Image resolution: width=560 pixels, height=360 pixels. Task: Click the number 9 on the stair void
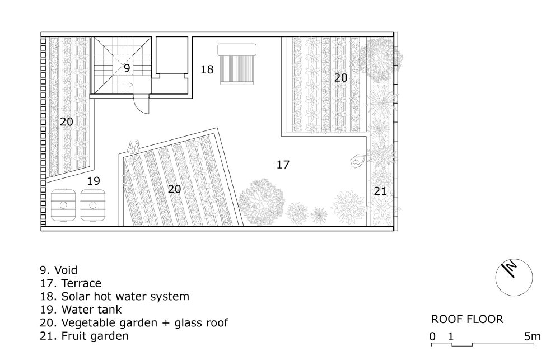click(127, 68)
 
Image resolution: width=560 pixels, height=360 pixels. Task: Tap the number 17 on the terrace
click(283, 165)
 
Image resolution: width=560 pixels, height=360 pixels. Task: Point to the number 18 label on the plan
click(207, 69)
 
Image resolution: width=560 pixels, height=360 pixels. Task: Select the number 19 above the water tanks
click(94, 181)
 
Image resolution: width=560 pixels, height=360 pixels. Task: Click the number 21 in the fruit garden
click(380, 191)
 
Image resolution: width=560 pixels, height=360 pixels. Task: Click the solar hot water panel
click(237, 64)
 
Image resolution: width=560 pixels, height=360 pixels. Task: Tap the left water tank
click(63, 205)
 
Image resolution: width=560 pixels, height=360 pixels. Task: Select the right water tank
click(93, 205)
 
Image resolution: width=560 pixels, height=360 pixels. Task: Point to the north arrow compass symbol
click(514, 278)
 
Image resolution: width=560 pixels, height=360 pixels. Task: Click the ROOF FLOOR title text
click(467, 319)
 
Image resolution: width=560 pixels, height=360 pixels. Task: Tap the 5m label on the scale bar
click(533, 336)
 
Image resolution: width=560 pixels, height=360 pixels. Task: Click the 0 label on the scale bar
click(432, 336)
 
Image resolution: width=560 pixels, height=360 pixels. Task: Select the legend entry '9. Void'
click(59, 270)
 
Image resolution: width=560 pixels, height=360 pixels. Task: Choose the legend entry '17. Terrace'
click(71, 283)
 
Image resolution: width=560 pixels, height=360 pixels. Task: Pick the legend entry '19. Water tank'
click(81, 310)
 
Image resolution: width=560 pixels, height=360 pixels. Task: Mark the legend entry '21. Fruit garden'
click(85, 336)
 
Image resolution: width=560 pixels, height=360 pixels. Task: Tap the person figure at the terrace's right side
click(358, 161)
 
